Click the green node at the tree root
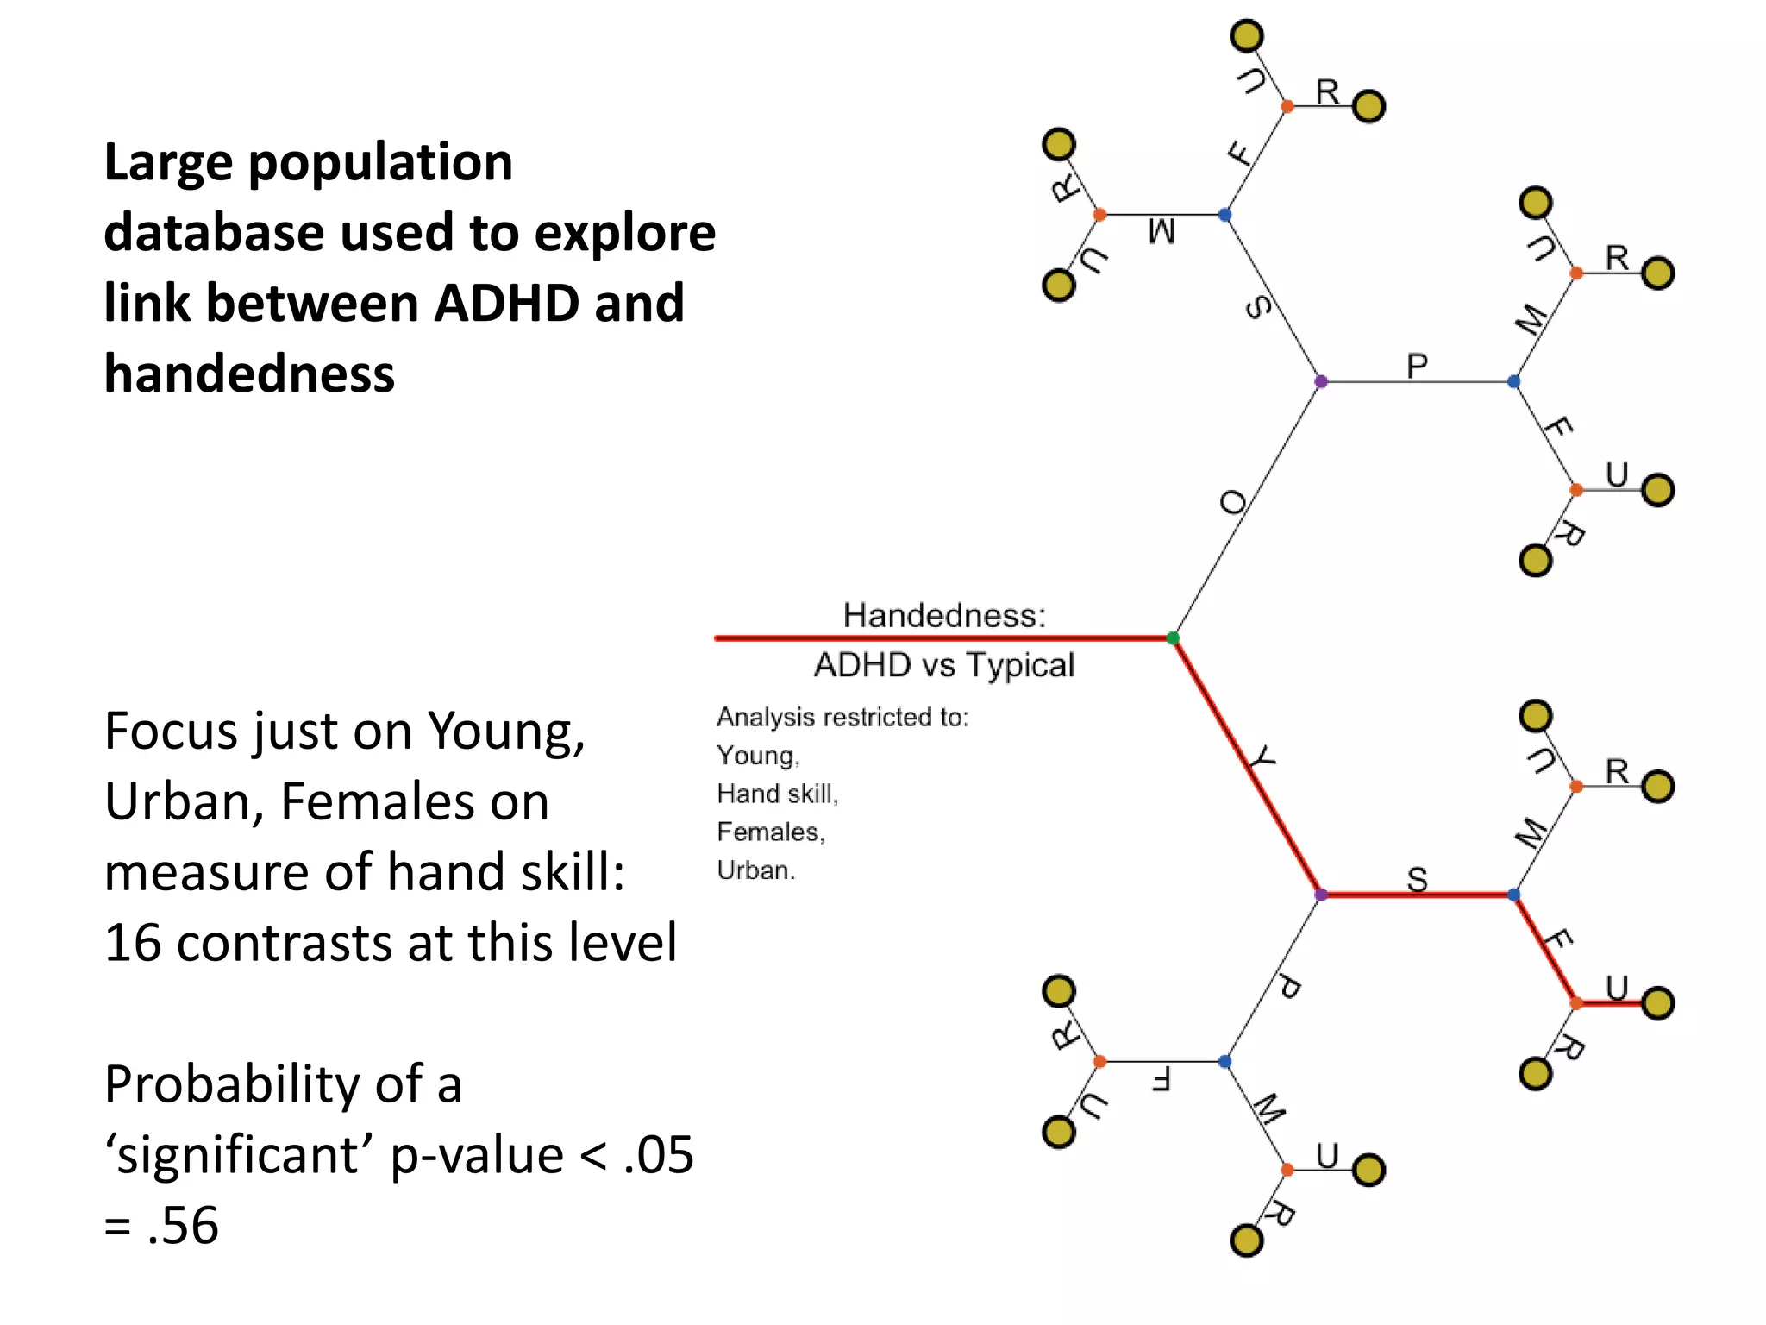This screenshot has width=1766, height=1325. [x=1173, y=638]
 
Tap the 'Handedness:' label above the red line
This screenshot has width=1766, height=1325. [x=944, y=616]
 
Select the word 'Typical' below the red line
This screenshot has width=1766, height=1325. [x=1020, y=665]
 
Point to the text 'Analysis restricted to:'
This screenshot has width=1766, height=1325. [x=842, y=717]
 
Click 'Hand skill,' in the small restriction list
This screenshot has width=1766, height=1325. [x=777, y=794]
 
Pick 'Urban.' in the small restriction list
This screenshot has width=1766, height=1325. [x=756, y=870]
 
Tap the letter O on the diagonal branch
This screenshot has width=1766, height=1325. [x=1234, y=502]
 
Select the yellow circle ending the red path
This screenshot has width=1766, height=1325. [x=1657, y=1003]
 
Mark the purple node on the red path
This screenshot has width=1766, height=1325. [x=1321, y=895]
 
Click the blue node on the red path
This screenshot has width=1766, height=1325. [x=1514, y=895]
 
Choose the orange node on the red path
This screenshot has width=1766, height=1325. [x=1576, y=1003]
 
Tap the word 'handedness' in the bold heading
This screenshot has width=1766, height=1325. [x=249, y=374]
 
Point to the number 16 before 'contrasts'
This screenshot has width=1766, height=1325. [x=133, y=942]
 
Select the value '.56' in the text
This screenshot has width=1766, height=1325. [x=182, y=1225]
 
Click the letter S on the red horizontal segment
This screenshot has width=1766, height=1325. [x=1418, y=879]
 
